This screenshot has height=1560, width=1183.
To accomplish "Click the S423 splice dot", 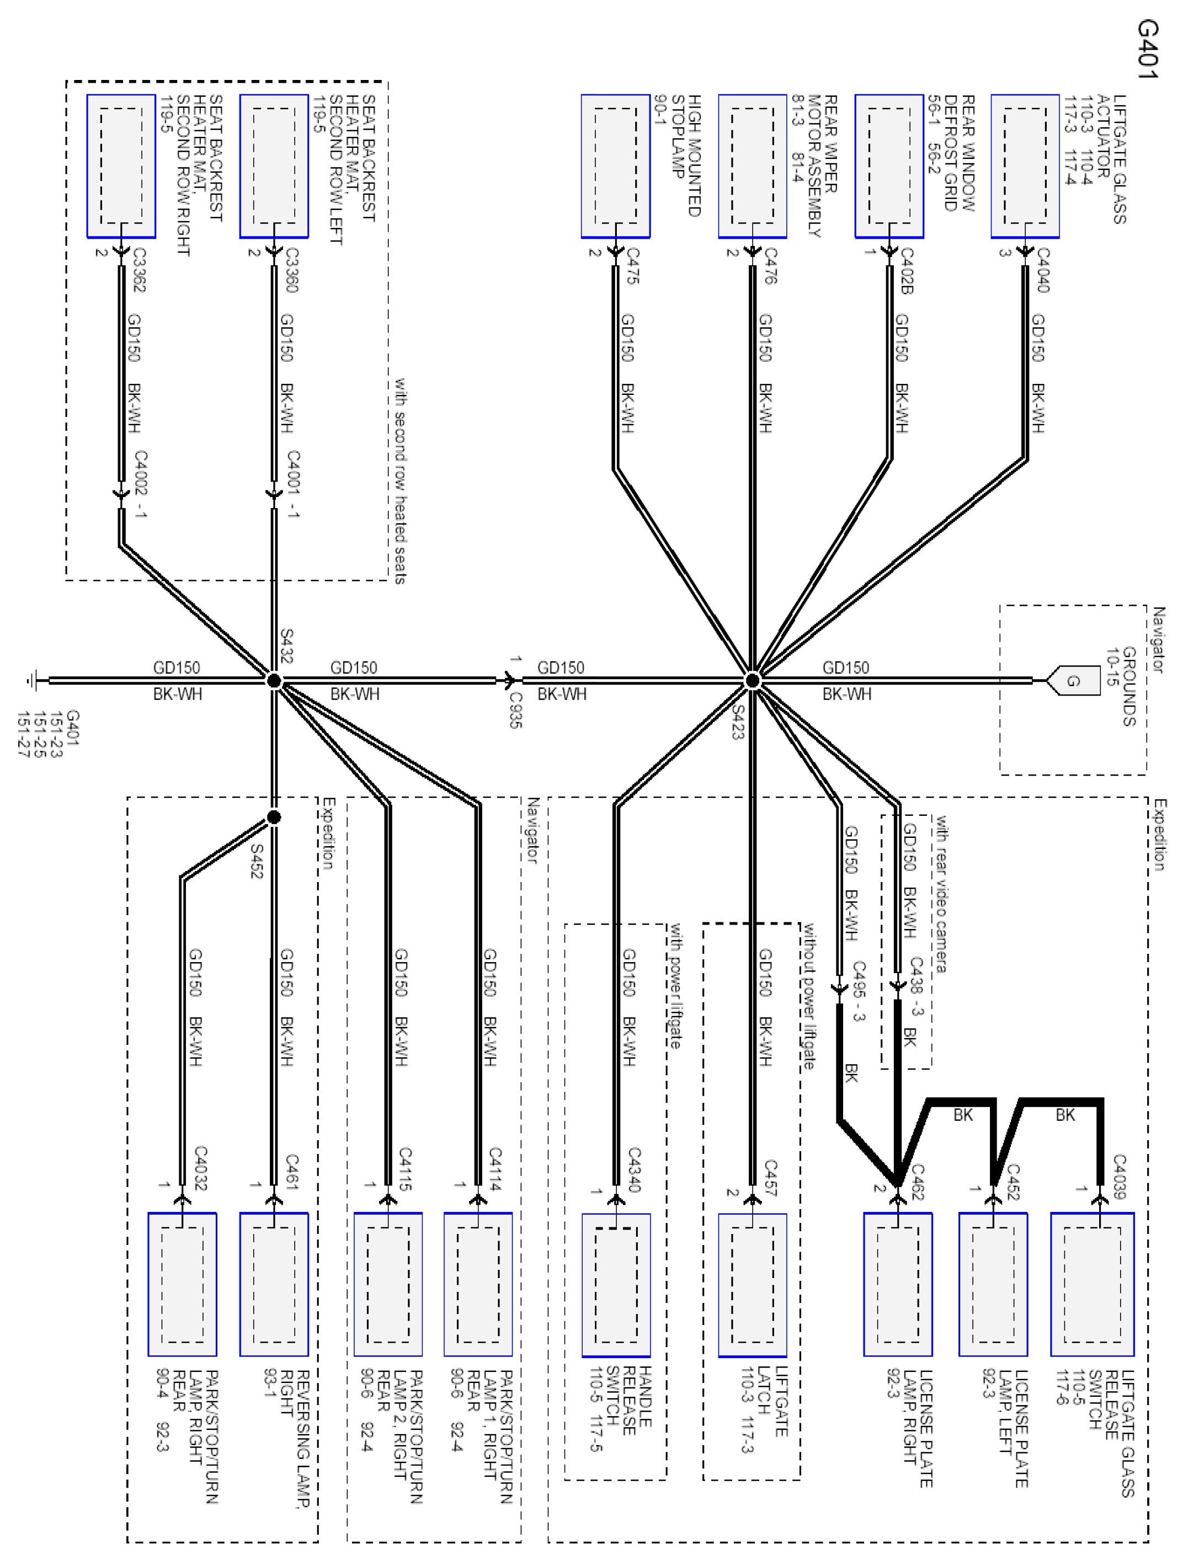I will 752,681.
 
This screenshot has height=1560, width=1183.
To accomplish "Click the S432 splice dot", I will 274,681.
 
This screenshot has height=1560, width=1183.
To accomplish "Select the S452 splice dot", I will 274,816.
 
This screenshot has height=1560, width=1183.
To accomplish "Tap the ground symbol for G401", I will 32,681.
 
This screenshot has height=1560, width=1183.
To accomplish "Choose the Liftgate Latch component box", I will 752,1284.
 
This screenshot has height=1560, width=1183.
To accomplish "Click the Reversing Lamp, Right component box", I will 274,1284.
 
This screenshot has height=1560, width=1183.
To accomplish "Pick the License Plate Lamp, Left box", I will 993,1284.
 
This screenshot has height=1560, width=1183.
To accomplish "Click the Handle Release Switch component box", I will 615,1284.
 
